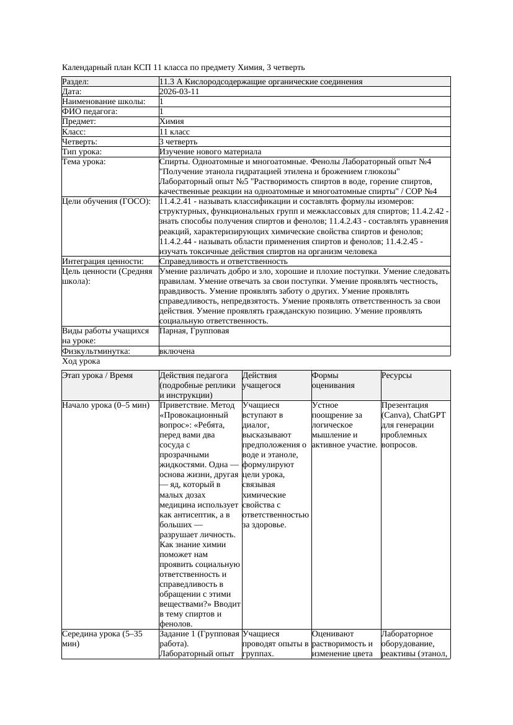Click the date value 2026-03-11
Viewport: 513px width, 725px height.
pyautogui.click(x=179, y=92)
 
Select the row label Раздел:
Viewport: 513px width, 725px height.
pyautogui.click(x=76, y=82)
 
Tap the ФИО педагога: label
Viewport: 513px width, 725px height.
pyautogui.click(x=90, y=112)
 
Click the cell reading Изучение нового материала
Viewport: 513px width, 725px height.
pyautogui.click(x=210, y=152)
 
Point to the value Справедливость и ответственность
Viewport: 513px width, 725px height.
pyautogui.click(x=223, y=261)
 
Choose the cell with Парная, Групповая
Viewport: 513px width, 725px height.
pyautogui.click(x=194, y=331)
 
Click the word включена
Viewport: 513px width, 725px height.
pyautogui.click(x=177, y=351)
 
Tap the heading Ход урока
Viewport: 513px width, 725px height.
pyautogui.click(x=81, y=361)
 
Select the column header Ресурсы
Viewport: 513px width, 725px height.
pyautogui.click(x=396, y=376)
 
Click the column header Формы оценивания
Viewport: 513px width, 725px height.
pyautogui.click(x=334, y=380)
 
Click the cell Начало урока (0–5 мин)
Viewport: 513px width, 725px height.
pyautogui.click(x=105, y=406)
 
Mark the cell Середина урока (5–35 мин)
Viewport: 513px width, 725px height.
pyautogui.click(x=102, y=639)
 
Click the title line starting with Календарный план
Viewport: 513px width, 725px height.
pyautogui.click(x=183, y=68)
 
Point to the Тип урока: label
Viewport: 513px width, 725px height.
pyautogui.click(x=82, y=152)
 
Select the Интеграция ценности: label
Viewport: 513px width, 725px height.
pyautogui.click(x=103, y=261)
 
